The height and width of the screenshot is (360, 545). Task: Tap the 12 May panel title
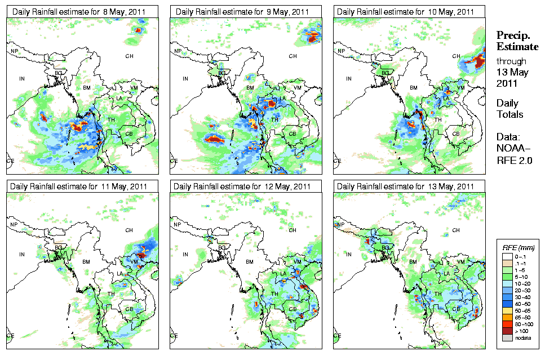click(x=241, y=186)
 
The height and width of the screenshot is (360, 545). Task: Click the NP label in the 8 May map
click(x=15, y=51)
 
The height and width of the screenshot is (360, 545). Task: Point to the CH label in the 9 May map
click(x=293, y=56)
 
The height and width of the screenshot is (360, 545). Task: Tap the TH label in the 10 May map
click(x=437, y=119)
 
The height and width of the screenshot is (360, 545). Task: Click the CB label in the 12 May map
click(x=293, y=309)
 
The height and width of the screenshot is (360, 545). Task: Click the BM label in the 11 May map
click(x=86, y=262)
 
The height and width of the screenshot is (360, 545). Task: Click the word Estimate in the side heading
click(x=517, y=46)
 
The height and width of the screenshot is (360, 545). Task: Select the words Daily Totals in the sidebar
click(x=509, y=109)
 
